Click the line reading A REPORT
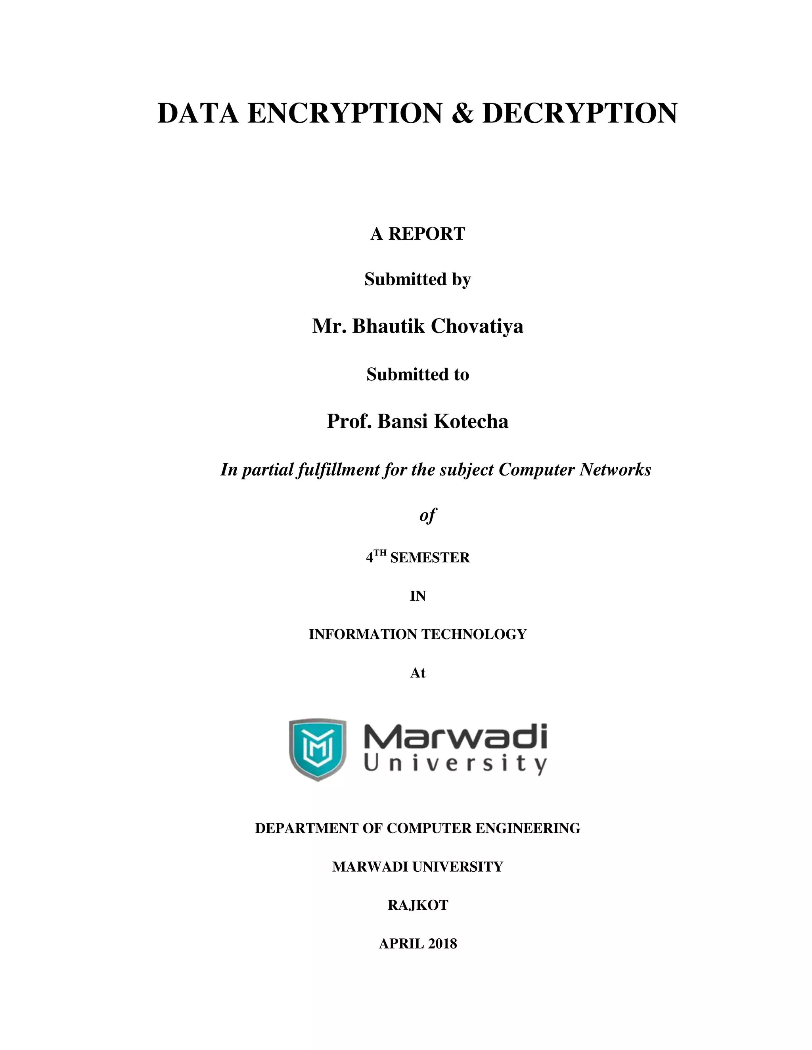point(417,234)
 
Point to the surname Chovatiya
point(477,326)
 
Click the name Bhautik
point(388,326)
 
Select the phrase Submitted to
point(417,374)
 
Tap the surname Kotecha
point(471,422)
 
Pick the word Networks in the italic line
point(615,470)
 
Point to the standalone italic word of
point(427,516)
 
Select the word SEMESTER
point(429,558)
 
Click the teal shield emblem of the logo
point(318,750)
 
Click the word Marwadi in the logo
point(455,737)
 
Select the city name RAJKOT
point(417,905)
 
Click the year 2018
point(442,944)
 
